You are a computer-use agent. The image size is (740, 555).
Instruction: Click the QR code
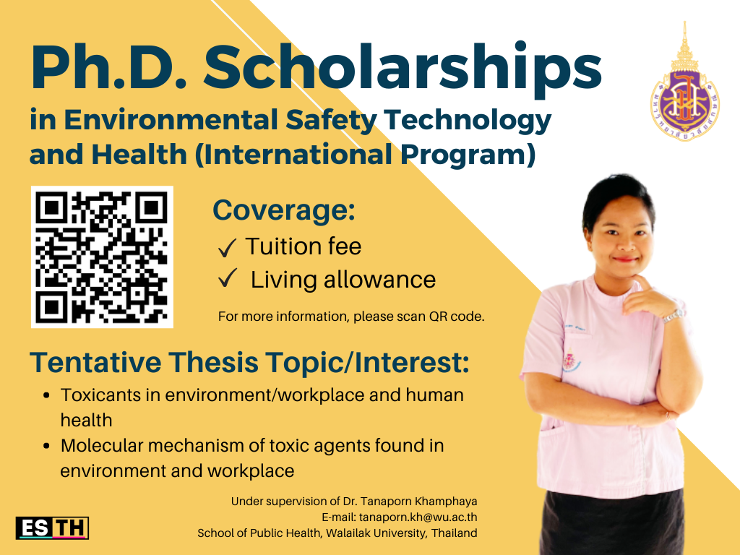(102, 257)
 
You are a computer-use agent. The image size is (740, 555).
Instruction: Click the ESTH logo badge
(52, 528)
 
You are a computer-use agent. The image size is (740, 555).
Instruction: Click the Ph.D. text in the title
(109, 67)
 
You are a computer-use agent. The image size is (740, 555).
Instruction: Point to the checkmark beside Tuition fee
(228, 247)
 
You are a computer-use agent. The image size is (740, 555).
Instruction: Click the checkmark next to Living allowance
(228, 278)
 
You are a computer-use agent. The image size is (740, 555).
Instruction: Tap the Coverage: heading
(283, 210)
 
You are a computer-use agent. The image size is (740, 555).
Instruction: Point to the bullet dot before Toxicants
(46, 395)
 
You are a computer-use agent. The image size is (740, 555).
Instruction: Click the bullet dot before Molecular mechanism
(46, 446)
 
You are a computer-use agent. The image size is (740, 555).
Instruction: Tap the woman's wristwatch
(674, 316)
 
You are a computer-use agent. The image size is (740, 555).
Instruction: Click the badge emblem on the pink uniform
(571, 360)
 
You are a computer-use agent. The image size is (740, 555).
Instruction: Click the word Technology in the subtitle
(468, 121)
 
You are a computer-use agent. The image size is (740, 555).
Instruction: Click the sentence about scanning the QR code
(351, 317)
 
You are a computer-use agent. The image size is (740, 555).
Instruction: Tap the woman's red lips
(625, 259)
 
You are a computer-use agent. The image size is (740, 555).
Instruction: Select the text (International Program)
(365, 155)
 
